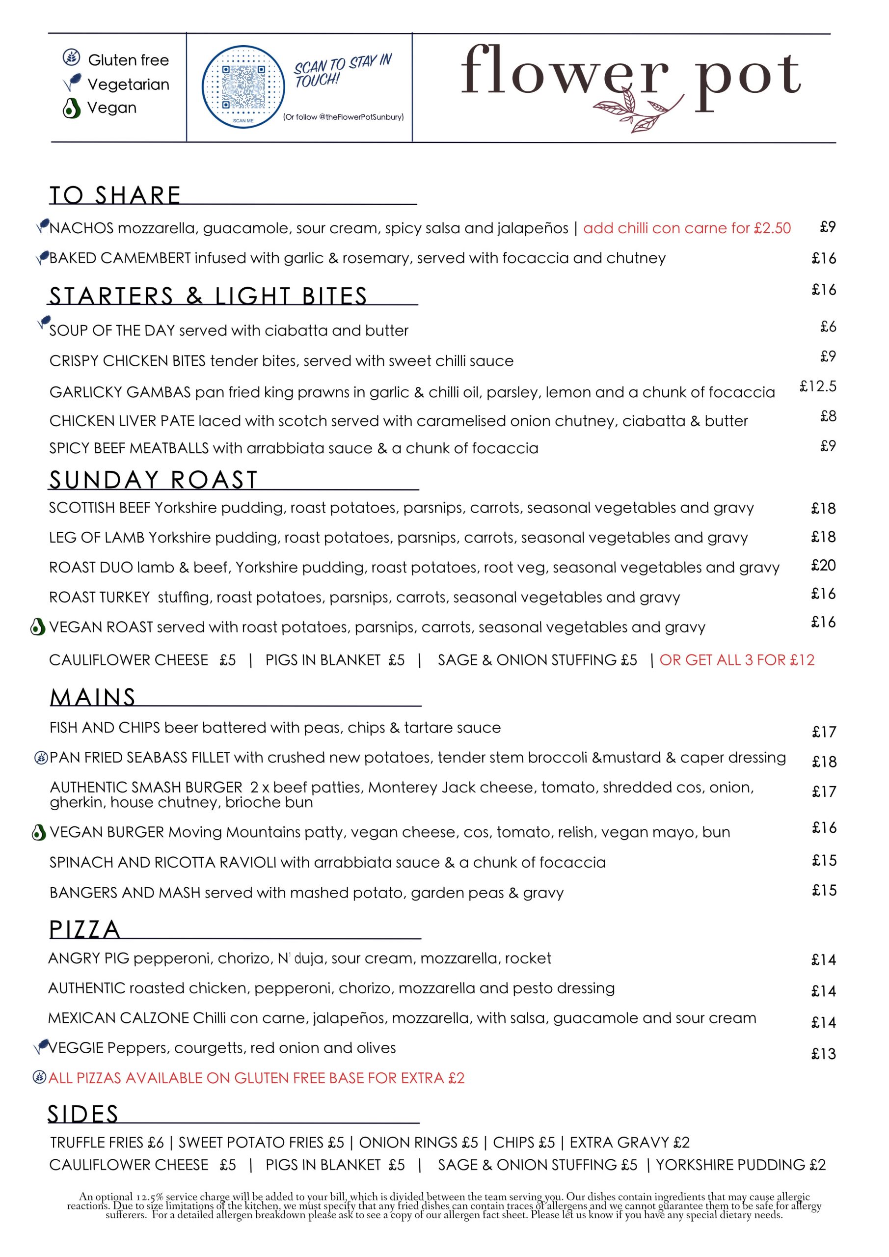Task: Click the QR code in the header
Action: (243, 87)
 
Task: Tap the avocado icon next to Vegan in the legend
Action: (71, 108)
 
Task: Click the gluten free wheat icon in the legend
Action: (71, 57)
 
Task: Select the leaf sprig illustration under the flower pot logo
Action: (638, 109)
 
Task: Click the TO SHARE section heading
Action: (115, 195)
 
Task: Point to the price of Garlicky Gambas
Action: (818, 386)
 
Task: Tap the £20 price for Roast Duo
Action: (823, 565)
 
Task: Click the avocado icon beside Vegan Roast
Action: (37, 627)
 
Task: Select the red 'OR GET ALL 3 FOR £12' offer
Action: (737, 660)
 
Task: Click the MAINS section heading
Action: (92, 697)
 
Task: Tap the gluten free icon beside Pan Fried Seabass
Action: (41, 758)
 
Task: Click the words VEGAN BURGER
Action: (107, 832)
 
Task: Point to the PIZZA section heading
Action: (85, 929)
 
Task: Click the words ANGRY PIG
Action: (89, 958)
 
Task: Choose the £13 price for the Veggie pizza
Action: (823, 1053)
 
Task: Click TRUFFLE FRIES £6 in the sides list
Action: (107, 1142)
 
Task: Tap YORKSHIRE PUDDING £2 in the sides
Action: (741, 1165)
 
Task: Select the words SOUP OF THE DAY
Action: (112, 330)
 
